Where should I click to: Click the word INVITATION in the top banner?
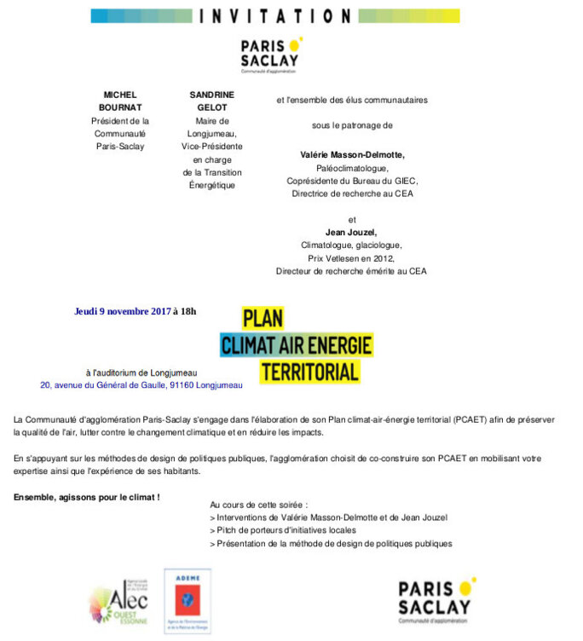tap(274, 16)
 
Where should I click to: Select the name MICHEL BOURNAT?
tap(120, 101)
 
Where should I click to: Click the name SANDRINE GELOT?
tap(212, 101)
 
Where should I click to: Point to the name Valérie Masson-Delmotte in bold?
tap(352, 155)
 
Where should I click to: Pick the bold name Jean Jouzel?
tap(351, 232)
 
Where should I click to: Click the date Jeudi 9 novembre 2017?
tap(123, 311)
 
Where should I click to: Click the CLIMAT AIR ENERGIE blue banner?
tap(296, 345)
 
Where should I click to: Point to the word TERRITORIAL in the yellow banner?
tap(309, 372)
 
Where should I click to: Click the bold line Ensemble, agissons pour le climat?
tap(87, 496)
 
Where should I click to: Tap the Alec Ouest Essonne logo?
tap(117, 602)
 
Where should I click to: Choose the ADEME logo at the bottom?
tap(188, 601)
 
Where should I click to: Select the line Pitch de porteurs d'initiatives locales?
tap(283, 530)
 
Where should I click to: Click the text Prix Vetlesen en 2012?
tap(351, 257)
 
